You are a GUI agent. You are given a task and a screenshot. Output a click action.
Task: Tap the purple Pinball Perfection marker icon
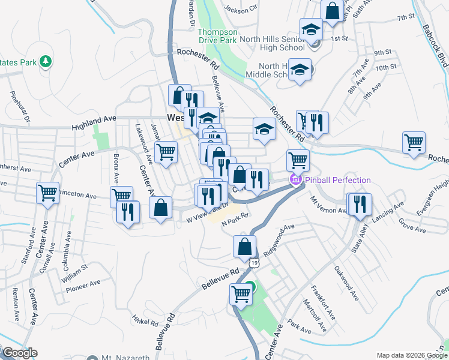tap(295, 179)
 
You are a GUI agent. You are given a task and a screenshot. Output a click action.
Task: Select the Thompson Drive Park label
tap(218, 37)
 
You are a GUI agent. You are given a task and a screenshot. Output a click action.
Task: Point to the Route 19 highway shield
tap(255, 263)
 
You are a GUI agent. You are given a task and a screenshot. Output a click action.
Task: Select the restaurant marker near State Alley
tap(361, 204)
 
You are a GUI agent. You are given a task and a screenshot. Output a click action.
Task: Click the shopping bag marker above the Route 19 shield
tap(244, 246)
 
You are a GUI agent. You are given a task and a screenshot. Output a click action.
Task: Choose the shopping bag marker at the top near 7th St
tap(332, 10)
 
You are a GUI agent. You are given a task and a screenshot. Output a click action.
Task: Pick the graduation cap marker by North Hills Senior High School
tap(311, 30)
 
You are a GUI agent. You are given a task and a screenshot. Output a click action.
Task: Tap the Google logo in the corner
tap(19, 353)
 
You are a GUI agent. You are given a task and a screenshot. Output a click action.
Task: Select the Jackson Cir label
tap(240, 8)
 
